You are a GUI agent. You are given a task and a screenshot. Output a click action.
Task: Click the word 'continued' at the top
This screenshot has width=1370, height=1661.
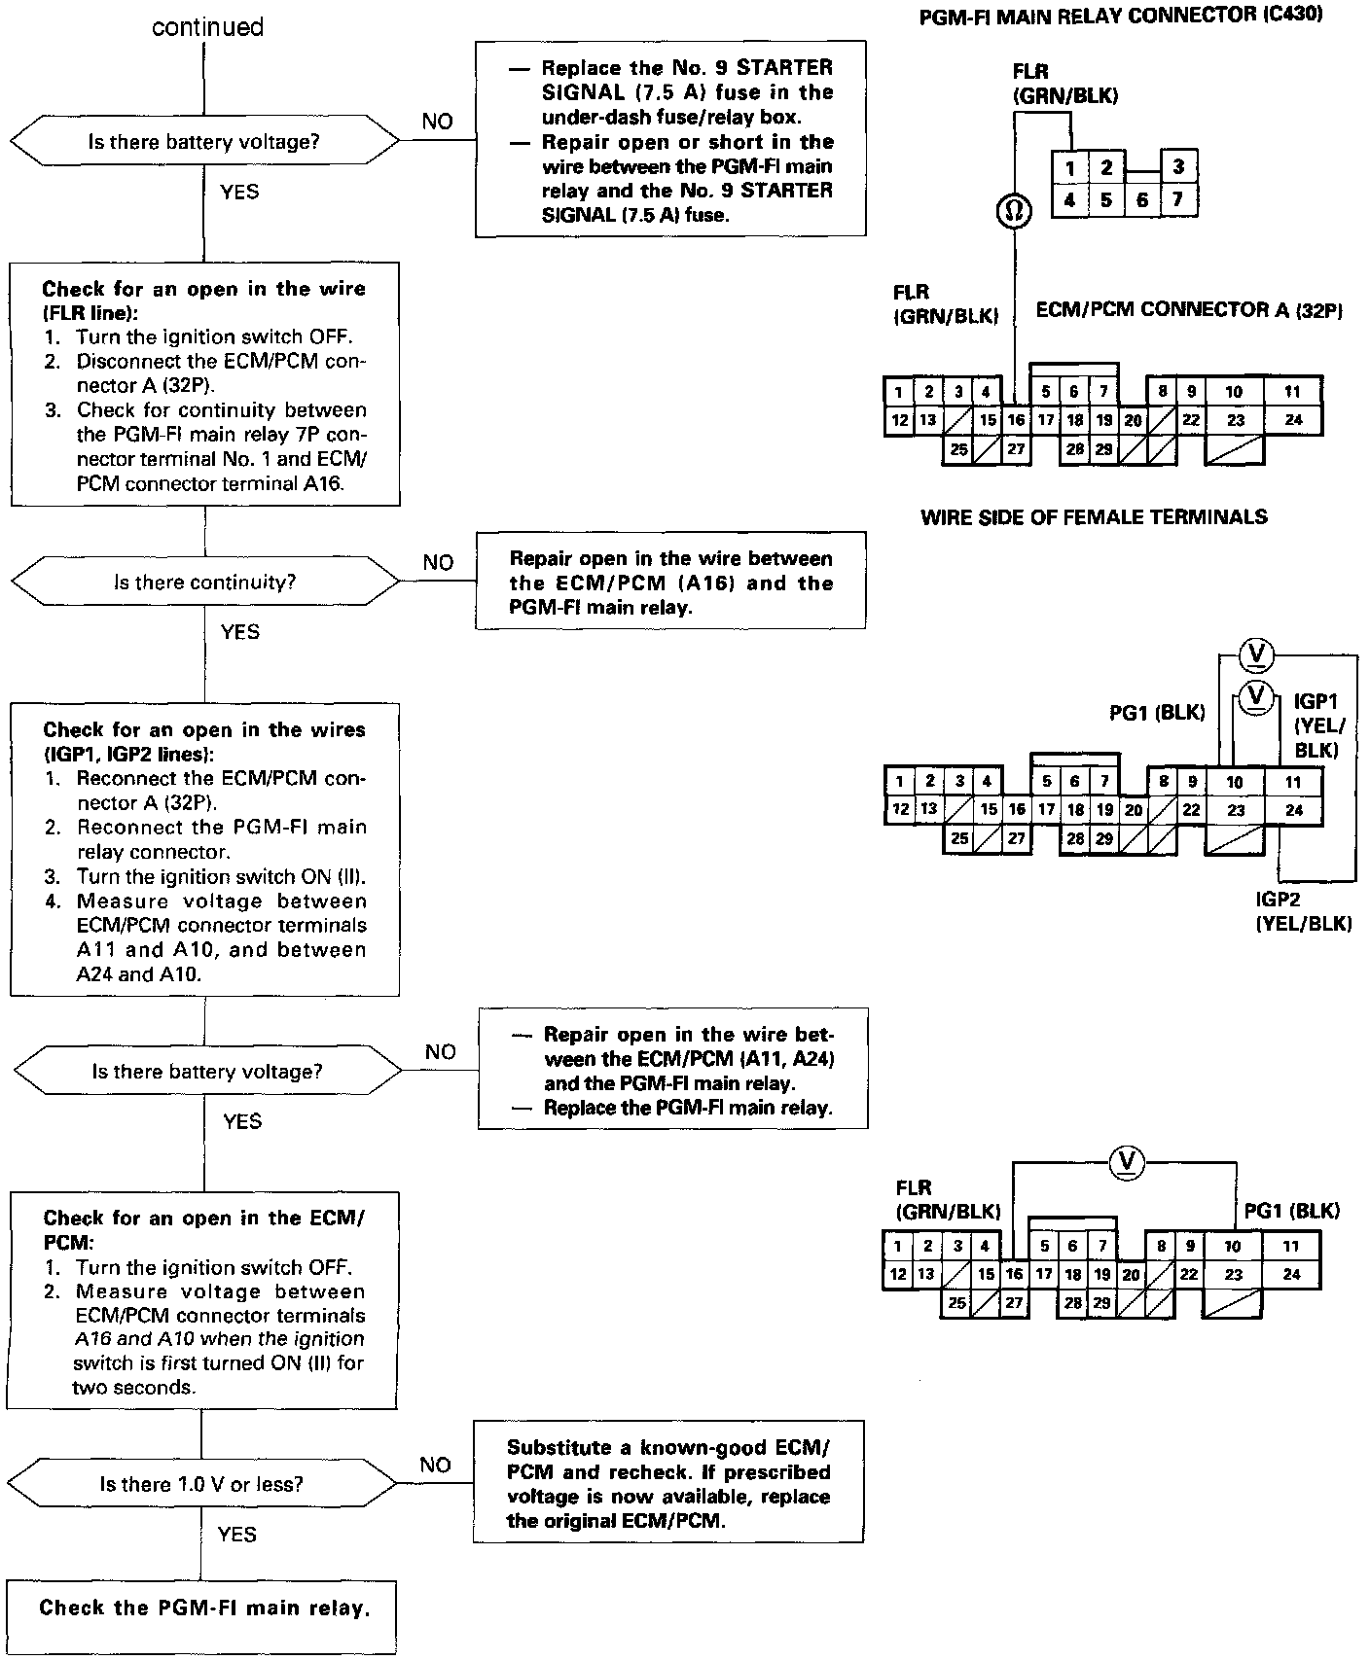pos(207,27)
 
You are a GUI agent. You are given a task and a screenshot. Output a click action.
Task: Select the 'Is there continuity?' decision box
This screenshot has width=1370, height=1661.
pos(204,582)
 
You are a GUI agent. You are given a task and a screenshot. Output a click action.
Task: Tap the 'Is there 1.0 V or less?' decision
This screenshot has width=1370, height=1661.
pos(201,1484)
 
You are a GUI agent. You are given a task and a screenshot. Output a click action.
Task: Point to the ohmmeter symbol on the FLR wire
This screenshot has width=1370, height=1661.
pos(1014,211)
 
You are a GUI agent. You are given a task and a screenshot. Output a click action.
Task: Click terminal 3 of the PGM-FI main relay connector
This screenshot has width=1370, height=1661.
pos(1177,166)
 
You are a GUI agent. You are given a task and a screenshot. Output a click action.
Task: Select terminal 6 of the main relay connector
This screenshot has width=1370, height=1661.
pos(1141,200)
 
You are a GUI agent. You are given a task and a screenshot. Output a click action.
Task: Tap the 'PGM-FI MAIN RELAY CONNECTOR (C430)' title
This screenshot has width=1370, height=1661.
pos(1121,16)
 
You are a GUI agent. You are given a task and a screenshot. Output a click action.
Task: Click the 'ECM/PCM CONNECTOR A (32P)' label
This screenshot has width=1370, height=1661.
pos(1189,310)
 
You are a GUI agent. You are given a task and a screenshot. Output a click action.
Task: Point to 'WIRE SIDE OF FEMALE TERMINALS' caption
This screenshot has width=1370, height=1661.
pos(1094,517)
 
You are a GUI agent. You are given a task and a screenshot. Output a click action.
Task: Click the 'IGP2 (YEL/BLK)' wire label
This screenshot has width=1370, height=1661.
pos(1303,911)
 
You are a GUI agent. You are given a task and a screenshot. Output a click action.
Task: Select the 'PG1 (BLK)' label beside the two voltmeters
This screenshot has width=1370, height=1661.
pos(1157,713)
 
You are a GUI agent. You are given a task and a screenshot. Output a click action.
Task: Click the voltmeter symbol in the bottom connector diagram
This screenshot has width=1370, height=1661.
pos(1128,1160)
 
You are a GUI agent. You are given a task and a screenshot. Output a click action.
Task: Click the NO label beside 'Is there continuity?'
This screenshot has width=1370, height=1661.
pos(438,563)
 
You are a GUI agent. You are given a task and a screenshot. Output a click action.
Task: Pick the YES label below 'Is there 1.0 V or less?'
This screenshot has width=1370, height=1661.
pos(237,1534)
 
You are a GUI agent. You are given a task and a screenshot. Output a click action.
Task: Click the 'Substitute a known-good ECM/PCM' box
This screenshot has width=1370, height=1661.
pos(668,1483)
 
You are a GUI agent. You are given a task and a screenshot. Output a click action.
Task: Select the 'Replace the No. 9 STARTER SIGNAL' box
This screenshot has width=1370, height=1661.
pos(670,139)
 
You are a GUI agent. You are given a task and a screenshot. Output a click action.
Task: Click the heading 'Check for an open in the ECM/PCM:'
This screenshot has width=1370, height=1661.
pos(203,1229)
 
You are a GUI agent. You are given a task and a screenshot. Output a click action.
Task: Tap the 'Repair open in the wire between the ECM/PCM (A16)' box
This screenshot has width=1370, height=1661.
pos(670,582)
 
